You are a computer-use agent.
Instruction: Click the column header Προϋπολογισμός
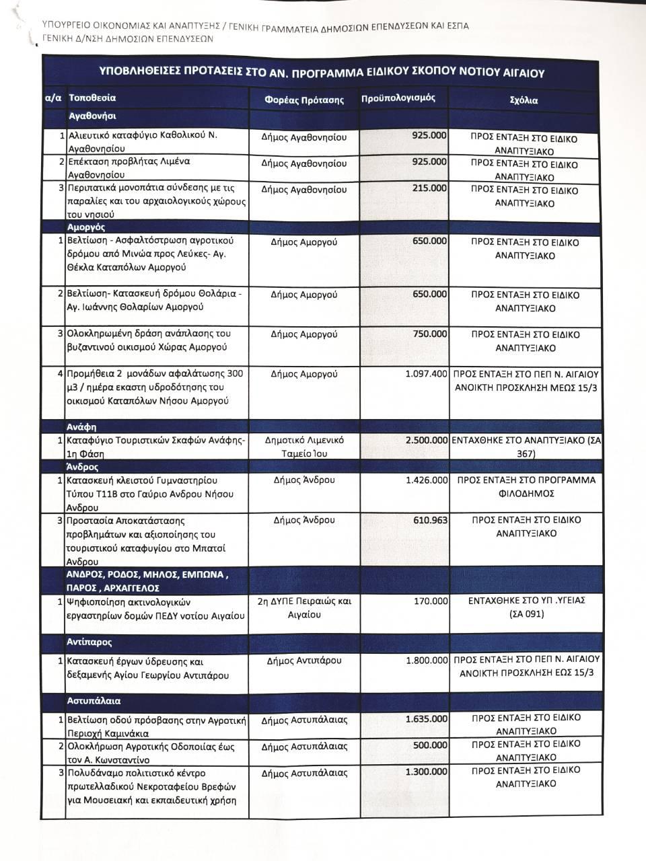tap(398, 98)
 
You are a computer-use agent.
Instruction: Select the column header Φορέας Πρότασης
tap(304, 100)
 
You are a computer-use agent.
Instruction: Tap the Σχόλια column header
tap(524, 100)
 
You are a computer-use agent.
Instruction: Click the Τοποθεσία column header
tap(92, 98)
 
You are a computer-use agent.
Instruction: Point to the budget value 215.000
tap(429, 188)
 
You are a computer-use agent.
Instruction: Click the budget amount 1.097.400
tap(427, 373)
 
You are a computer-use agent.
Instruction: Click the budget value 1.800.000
tap(427, 661)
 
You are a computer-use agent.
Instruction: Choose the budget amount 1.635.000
tap(427, 719)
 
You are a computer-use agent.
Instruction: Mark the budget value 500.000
tap(429, 745)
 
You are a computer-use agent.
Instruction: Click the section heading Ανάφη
tap(81, 426)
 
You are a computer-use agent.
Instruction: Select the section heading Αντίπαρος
tap(89, 642)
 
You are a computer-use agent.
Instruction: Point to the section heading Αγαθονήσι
tap(92, 116)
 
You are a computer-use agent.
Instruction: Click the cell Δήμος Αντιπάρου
tap(304, 661)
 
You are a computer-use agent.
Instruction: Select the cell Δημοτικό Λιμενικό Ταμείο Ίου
tap(304, 447)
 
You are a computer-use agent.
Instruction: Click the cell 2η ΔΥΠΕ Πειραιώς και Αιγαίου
tap(304, 607)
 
